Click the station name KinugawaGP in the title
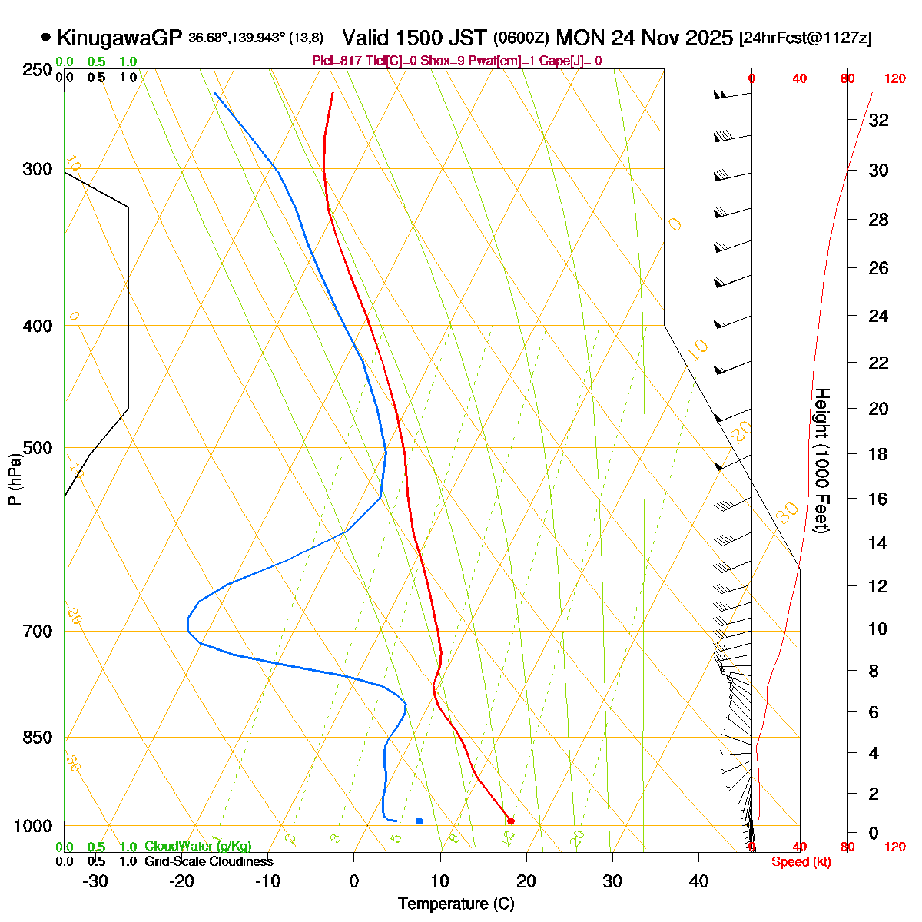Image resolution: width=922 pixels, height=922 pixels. [x=119, y=38]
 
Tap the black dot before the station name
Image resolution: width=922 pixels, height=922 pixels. [x=46, y=37]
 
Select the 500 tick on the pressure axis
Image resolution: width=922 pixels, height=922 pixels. [x=38, y=447]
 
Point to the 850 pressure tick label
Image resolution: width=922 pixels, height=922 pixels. [x=38, y=737]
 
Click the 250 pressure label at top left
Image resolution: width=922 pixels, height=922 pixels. [x=38, y=70]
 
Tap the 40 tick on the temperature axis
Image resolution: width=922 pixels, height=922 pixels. [x=698, y=881]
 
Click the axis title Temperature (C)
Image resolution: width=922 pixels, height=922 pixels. [x=456, y=904]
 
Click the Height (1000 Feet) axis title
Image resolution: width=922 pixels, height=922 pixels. [x=821, y=460]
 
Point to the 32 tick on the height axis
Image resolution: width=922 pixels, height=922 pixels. [x=878, y=120]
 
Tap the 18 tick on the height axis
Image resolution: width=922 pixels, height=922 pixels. [x=878, y=454]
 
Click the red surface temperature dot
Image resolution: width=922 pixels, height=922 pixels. [x=510, y=821]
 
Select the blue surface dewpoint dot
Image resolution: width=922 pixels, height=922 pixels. [x=419, y=821]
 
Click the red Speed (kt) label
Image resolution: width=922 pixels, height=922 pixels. [x=801, y=862]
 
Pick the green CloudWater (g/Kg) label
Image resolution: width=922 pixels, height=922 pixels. [x=197, y=846]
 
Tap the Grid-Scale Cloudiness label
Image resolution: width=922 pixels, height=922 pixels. [x=208, y=861]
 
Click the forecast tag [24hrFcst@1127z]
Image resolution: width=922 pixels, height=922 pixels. [x=804, y=38]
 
